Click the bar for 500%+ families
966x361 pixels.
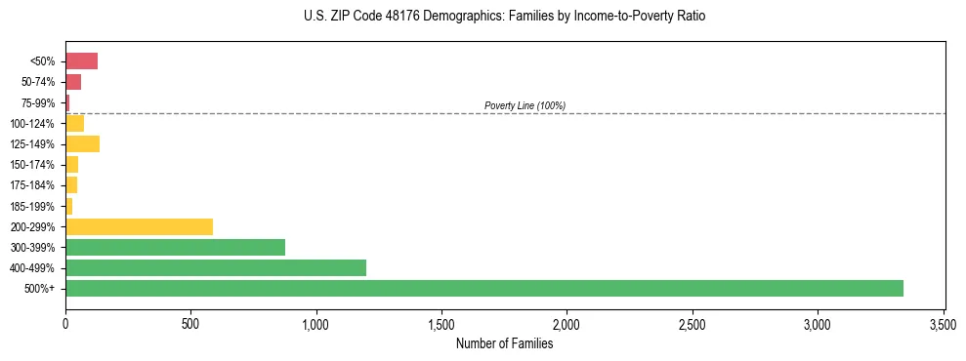coord(483,288)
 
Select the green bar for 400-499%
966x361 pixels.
coord(216,267)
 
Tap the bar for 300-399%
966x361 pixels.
coord(175,247)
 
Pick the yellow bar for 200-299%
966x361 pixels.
coord(139,226)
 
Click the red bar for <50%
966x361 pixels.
coord(81,60)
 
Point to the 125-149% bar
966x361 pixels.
coord(82,143)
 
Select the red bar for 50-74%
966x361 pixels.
coord(73,82)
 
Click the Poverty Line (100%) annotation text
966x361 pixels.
coord(525,105)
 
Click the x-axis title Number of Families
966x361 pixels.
coord(504,343)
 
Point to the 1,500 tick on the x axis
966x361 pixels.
coord(441,323)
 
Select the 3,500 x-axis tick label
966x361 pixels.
coord(943,323)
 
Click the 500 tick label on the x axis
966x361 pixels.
coord(190,323)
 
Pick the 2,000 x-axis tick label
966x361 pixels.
coord(567,323)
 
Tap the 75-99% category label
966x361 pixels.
coord(39,102)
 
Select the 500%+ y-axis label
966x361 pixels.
coord(41,289)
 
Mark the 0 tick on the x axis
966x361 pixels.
coord(65,323)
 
